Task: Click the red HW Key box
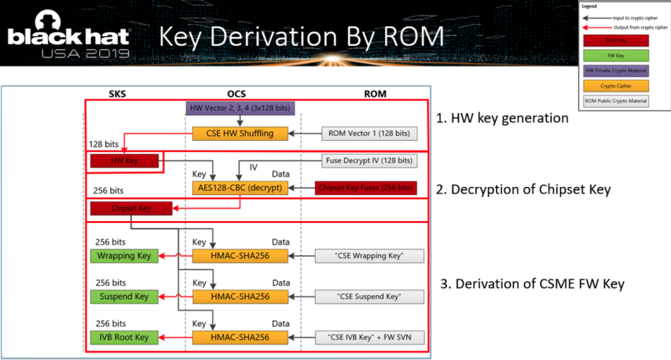click(x=124, y=161)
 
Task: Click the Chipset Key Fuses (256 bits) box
click(x=366, y=188)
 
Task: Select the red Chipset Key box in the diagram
click(x=130, y=208)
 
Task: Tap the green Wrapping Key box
click(x=124, y=256)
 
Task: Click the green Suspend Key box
click(x=124, y=296)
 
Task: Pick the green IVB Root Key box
click(x=124, y=337)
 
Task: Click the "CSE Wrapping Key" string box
click(x=369, y=256)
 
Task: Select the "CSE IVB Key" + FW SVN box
click(x=369, y=337)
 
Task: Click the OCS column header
click(x=236, y=93)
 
